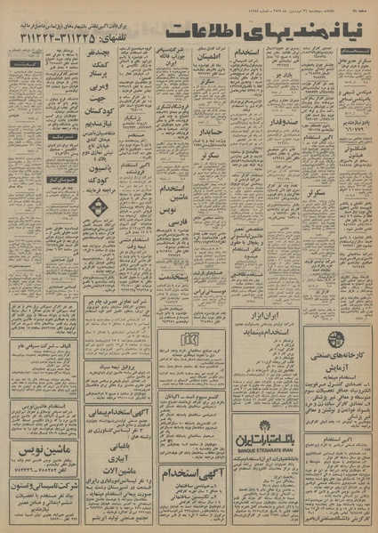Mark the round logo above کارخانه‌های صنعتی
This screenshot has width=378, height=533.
[341, 329]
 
